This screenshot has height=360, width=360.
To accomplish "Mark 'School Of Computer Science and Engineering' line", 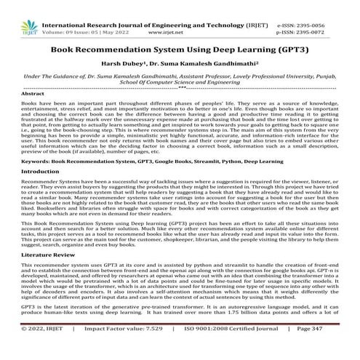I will [x=180, y=83].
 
